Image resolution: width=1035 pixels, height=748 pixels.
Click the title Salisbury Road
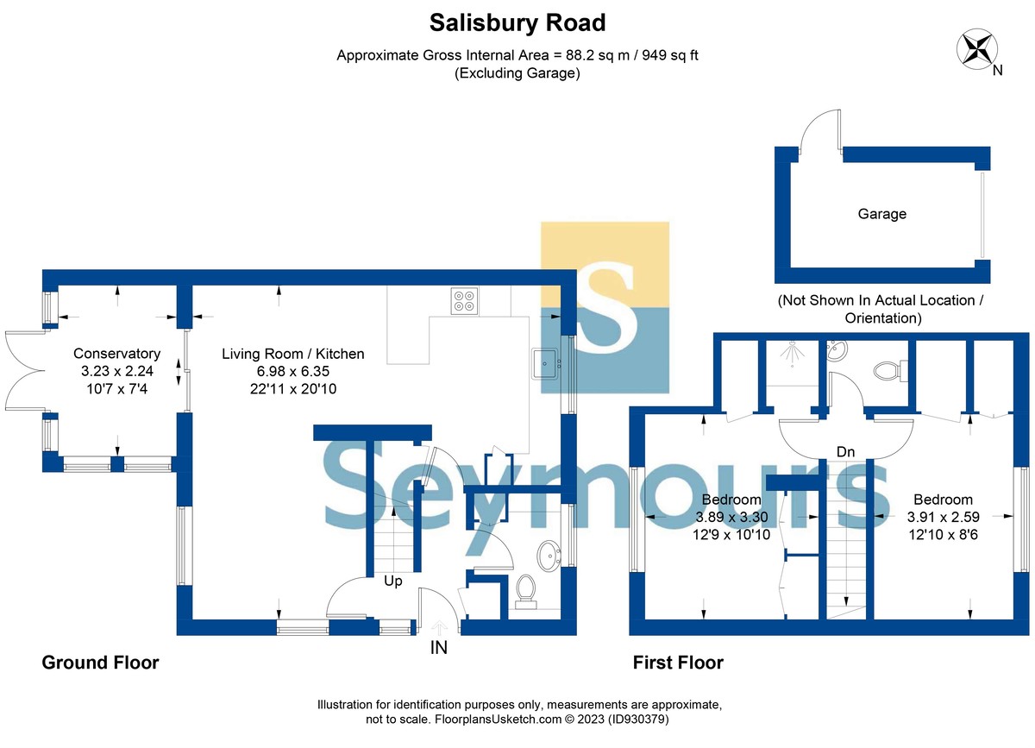517,22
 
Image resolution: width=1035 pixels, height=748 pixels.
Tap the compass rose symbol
976,49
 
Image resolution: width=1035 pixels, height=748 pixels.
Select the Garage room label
881,214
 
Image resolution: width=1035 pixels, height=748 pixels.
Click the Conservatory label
117,354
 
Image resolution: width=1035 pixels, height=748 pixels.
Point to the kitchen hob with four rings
464,301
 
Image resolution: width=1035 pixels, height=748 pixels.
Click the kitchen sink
547,363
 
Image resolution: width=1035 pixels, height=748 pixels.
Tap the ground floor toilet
525,592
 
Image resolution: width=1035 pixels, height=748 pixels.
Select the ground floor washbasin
549,556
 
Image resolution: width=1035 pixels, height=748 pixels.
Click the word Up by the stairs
392,581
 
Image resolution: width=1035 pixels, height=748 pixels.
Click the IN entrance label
438,648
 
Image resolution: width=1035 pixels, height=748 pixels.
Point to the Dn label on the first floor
845,452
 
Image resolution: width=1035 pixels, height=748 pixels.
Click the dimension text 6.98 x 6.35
293,371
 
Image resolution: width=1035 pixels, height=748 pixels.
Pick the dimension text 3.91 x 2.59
943,517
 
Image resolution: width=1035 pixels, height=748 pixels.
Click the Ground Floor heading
100,663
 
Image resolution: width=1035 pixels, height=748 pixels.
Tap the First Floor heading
678,663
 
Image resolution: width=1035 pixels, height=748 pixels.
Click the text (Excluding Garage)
517,73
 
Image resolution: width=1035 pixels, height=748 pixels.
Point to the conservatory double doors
24,371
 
